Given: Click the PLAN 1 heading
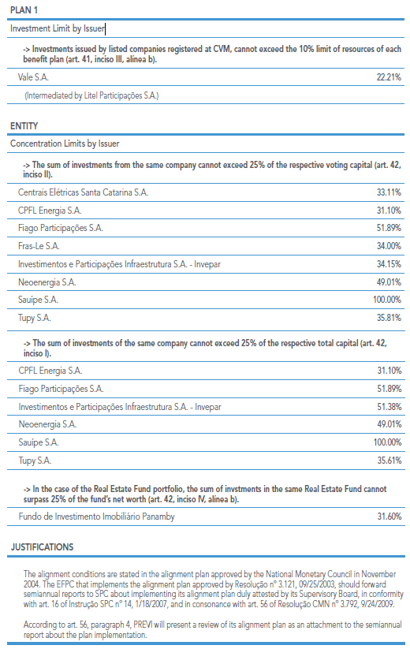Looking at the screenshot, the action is tap(24, 10).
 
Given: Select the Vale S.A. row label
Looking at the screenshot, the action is tap(33, 77).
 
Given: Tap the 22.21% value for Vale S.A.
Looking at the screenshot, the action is tap(389, 77).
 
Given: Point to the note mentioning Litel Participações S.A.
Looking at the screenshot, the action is tap(91, 95).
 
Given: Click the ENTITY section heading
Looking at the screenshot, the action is tap(24, 126).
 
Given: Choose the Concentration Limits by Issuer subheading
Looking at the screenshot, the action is tap(65, 144).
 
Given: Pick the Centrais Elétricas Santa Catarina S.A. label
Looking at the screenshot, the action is tap(83, 192).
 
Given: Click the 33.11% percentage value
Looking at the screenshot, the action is tap(389, 192).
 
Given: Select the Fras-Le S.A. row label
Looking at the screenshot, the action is tap(39, 246).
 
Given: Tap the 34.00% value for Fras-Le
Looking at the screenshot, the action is tap(389, 246).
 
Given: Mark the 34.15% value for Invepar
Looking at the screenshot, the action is tap(389, 264).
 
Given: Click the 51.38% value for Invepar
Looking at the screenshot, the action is tap(389, 407).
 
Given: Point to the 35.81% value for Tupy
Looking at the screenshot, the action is tap(389, 318).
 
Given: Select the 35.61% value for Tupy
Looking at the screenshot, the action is tap(389, 461).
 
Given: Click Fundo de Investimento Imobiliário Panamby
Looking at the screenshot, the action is tap(96, 517).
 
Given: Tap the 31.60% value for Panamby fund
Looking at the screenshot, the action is tap(389, 517).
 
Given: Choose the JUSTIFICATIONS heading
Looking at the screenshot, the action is tap(43, 547).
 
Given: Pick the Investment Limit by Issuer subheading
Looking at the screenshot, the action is tap(58, 28).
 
